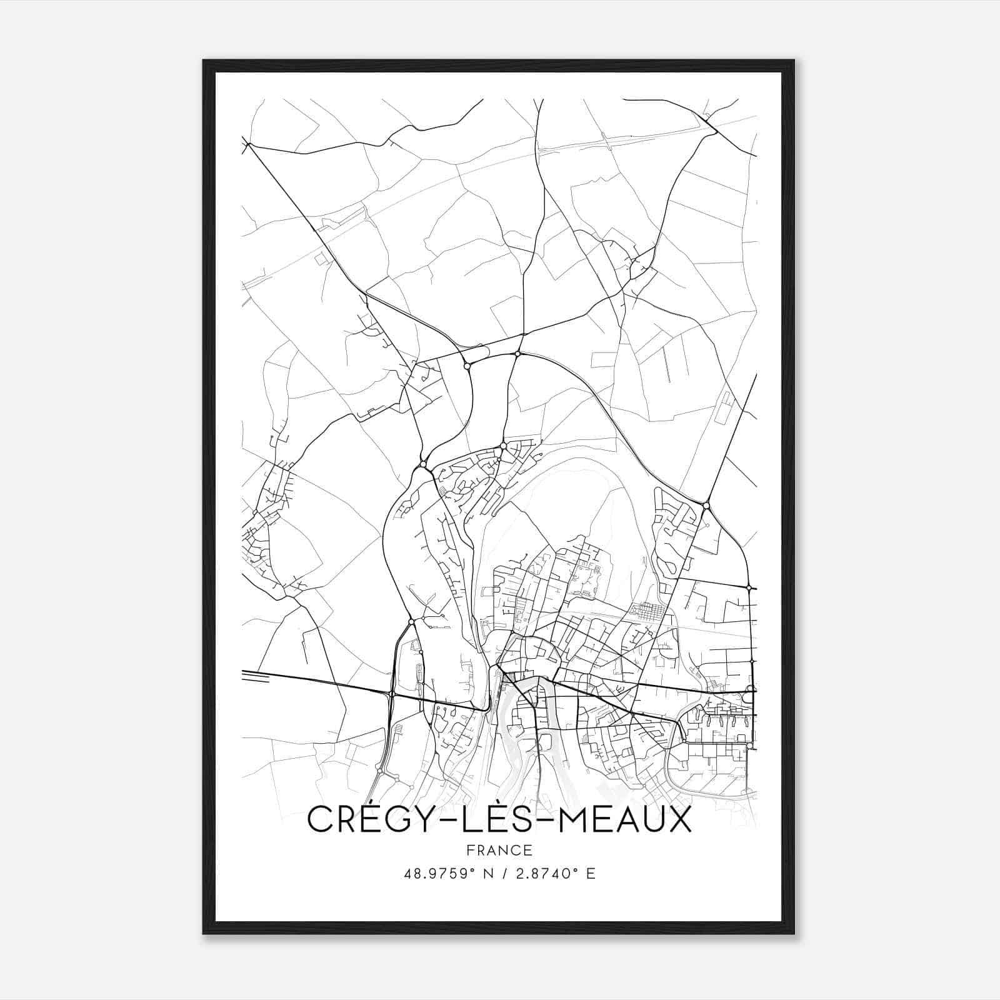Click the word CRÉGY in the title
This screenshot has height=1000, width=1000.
367,821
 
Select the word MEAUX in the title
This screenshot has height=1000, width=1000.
625,821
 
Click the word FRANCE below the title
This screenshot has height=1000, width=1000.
499,851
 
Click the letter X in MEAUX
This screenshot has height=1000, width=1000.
679,821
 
